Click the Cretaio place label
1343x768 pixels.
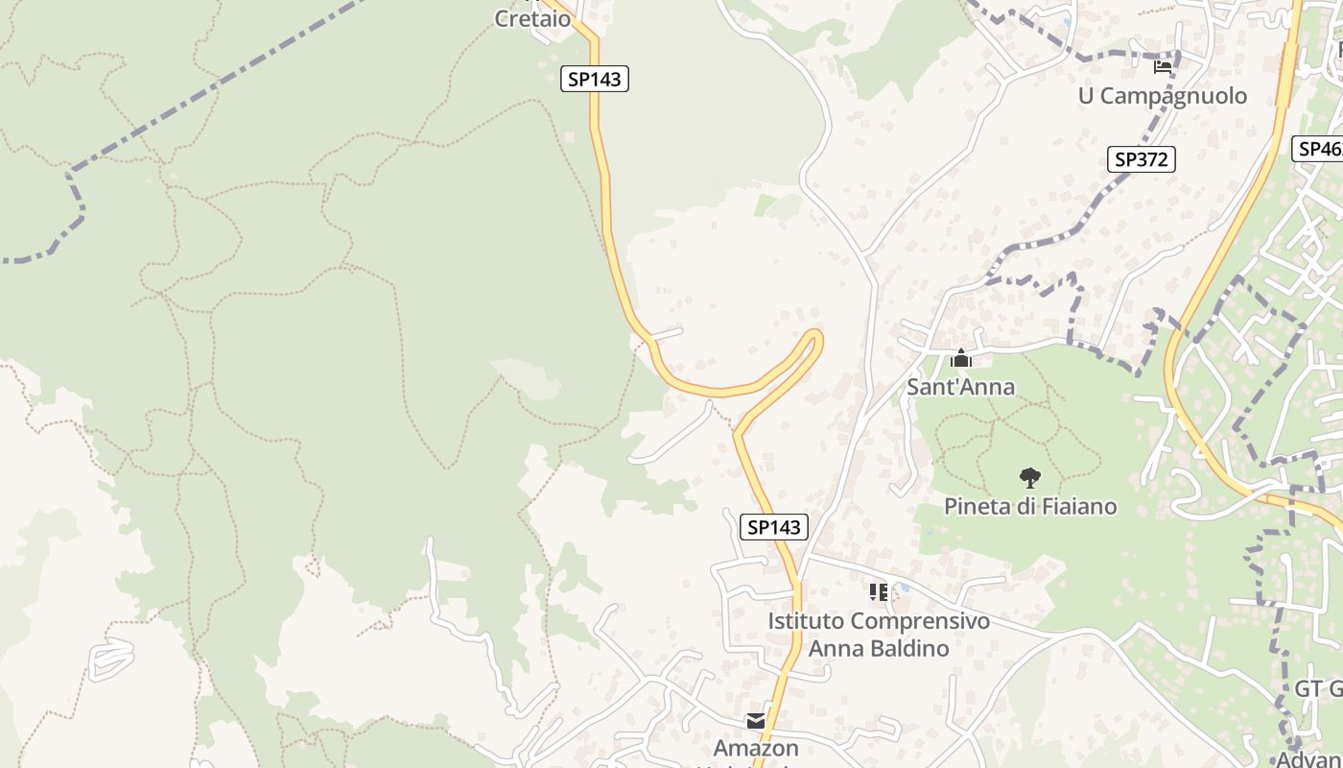point(532,18)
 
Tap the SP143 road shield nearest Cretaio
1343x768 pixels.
point(595,79)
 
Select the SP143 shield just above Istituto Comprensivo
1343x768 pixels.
point(774,526)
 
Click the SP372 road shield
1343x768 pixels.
point(1142,159)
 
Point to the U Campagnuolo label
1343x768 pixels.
point(1163,96)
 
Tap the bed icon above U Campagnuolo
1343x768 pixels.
point(1163,66)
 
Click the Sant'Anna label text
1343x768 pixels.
point(960,388)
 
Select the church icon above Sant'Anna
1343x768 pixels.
point(960,359)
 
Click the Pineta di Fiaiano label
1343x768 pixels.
point(1030,506)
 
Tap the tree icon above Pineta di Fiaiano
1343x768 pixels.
point(1030,477)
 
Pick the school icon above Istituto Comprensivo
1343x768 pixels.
point(878,592)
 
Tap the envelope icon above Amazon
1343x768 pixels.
point(756,720)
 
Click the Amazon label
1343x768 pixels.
point(756,748)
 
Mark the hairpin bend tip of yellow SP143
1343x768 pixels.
point(816,336)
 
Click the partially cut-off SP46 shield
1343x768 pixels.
point(1320,149)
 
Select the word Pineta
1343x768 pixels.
point(978,506)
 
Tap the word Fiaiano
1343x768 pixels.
point(1075,506)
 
